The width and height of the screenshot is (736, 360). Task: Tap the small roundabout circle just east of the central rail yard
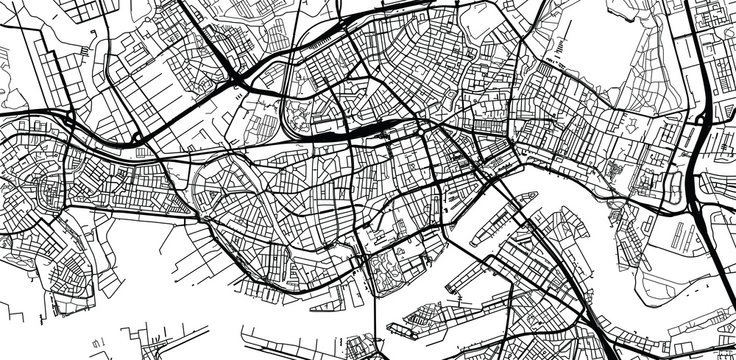425,128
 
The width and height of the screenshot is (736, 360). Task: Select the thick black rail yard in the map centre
366,130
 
